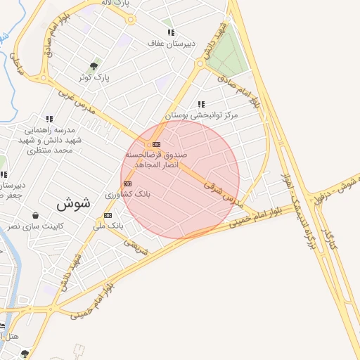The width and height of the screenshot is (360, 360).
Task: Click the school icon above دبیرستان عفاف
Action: click(x=170, y=32)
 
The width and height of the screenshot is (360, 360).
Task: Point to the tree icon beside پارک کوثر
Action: click(x=94, y=67)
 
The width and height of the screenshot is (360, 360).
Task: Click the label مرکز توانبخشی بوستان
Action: click(x=202, y=115)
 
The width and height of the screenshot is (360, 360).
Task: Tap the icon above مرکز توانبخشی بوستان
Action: click(x=202, y=104)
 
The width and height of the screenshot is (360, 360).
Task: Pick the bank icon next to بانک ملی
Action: click(x=108, y=215)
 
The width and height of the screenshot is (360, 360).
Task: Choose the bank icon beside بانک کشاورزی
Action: click(x=127, y=184)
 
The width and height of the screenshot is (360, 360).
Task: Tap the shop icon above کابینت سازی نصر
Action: click(x=35, y=216)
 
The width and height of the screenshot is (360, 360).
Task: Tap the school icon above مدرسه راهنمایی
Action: click(x=49, y=119)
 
